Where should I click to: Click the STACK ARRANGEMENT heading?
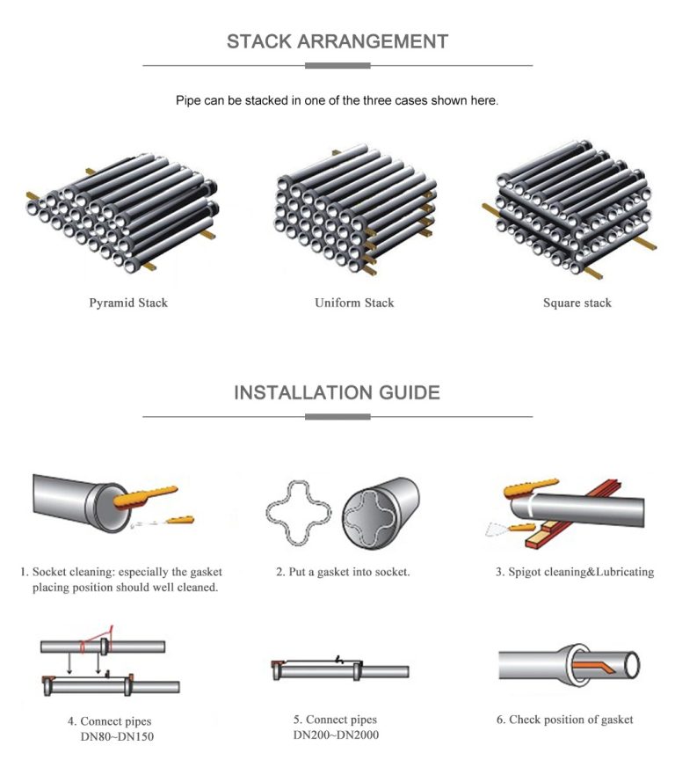pos(337,41)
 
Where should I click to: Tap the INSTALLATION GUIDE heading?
pos(337,392)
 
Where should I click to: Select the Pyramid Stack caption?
pos(128,303)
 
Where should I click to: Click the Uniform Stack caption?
pos(354,303)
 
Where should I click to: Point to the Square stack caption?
pos(577,303)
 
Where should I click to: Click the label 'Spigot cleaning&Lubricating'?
pos(575,572)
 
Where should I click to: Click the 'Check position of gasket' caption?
pos(564,720)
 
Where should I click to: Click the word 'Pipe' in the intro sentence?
pos(188,100)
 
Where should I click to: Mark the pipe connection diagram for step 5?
pos(338,669)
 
